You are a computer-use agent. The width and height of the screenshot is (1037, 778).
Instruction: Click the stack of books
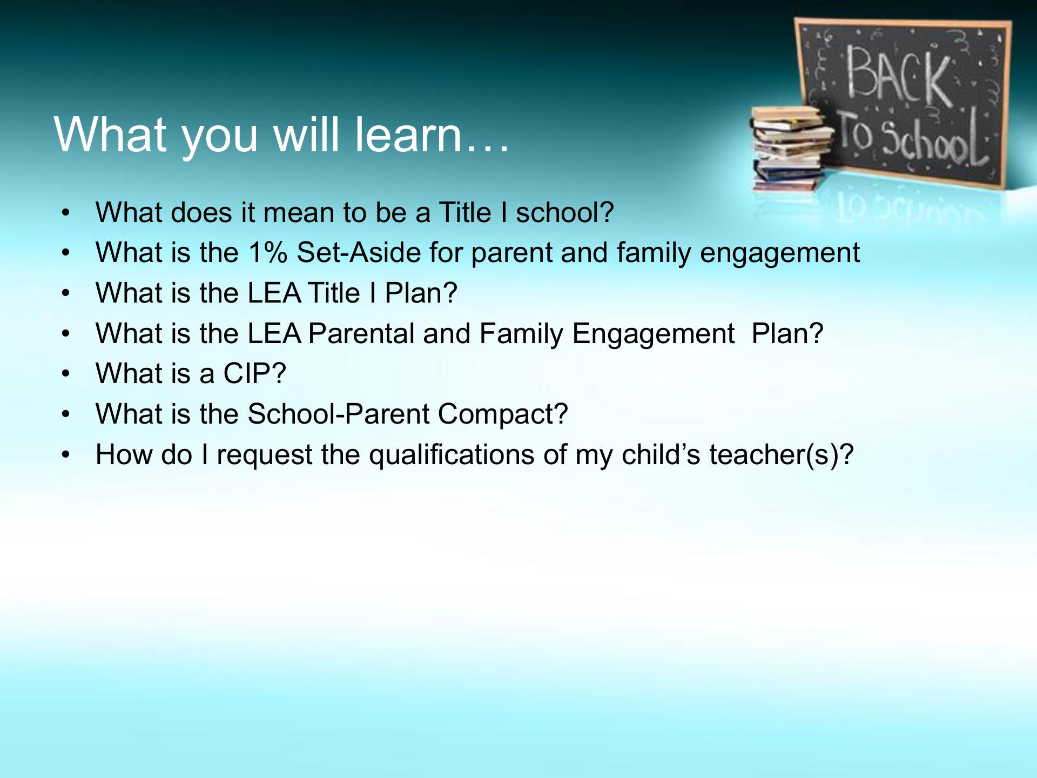[791, 149]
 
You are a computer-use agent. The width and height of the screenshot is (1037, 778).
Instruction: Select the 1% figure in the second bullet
[268, 252]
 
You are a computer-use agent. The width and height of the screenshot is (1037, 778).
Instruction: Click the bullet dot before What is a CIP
[66, 374]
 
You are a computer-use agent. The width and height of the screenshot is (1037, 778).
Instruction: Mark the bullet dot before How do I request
[66, 454]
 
